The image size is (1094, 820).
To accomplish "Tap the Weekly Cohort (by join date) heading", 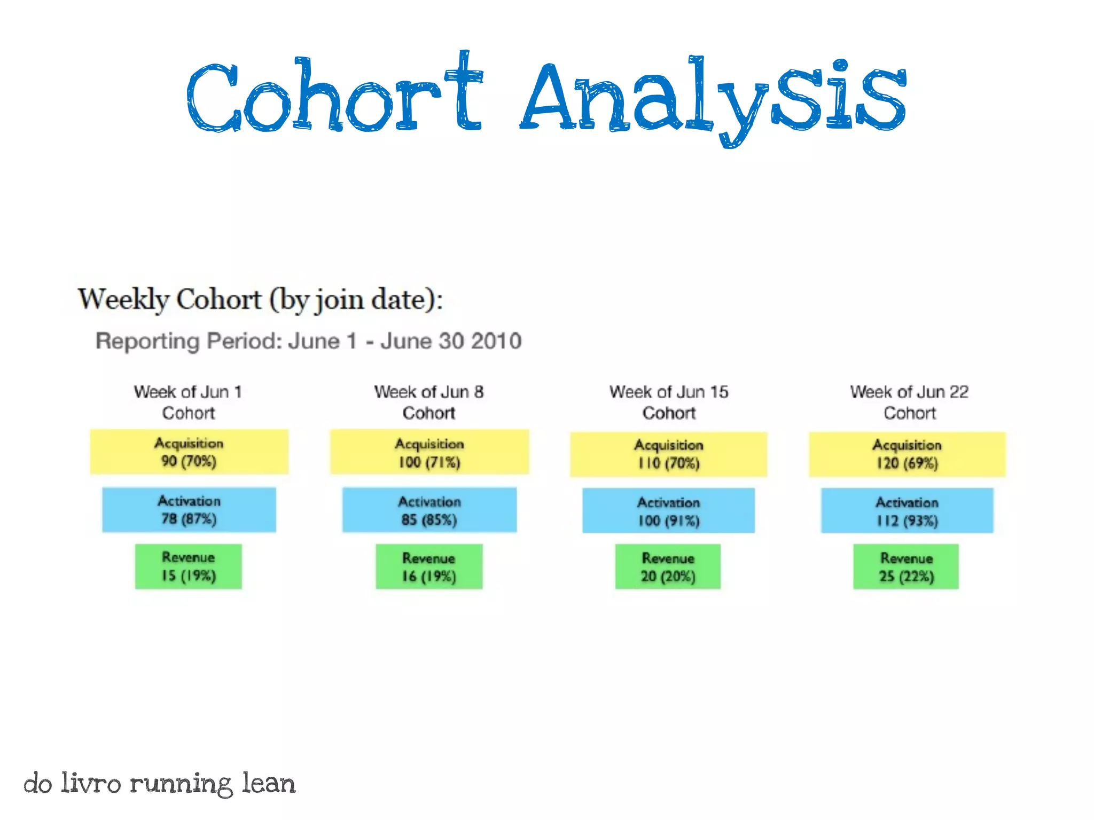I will tap(260, 299).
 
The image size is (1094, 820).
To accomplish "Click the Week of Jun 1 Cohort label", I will tap(188, 403).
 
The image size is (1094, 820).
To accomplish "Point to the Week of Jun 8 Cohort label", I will tap(429, 403).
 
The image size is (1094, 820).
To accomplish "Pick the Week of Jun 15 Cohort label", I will tap(669, 403).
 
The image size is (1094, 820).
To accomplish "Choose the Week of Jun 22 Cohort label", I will tap(909, 403).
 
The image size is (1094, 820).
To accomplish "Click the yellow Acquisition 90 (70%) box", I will tap(189, 452).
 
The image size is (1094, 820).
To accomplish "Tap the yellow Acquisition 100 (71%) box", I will tap(429, 452).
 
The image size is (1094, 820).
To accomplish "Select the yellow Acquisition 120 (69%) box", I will tap(907, 454).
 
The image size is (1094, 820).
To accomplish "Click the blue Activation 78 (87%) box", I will tap(189, 510).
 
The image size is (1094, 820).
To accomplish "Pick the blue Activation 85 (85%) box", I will tap(429, 510).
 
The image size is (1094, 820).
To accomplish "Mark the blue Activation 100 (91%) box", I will tap(668, 511).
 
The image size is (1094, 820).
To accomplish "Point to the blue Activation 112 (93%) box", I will tap(907, 511).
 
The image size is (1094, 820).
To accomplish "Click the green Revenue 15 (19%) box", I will tap(188, 566).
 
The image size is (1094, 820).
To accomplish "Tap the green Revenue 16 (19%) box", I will tap(429, 567).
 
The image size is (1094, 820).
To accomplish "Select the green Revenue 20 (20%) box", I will tap(668, 567).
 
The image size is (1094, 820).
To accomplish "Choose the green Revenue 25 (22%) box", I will tap(906, 567).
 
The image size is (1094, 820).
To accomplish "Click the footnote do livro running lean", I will tap(159, 784).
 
